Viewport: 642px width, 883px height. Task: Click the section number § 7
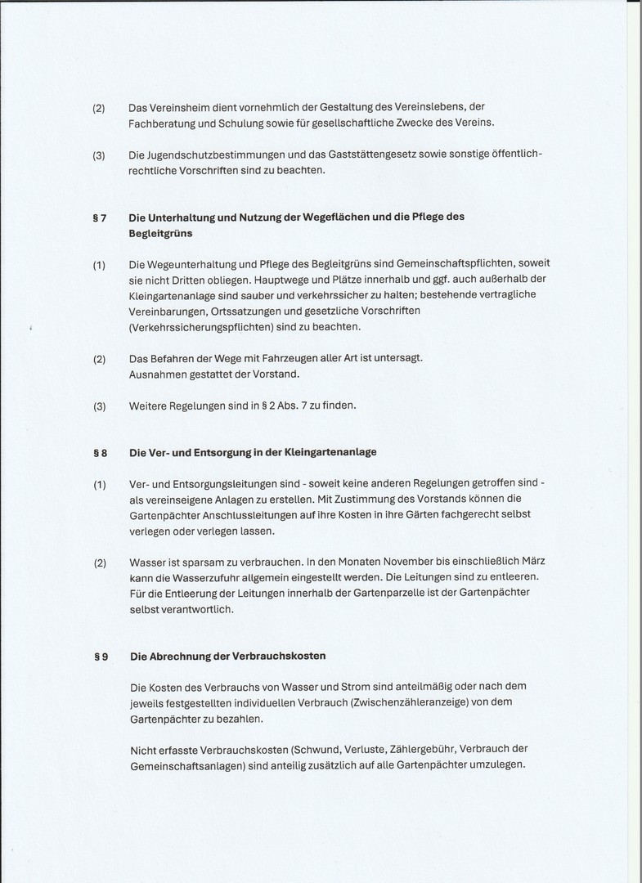click(x=100, y=217)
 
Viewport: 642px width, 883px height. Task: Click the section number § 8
click(x=100, y=452)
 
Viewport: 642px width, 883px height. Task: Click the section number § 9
click(x=100, y=656)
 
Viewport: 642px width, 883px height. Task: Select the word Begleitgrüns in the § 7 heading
click(x=160, y=233)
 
